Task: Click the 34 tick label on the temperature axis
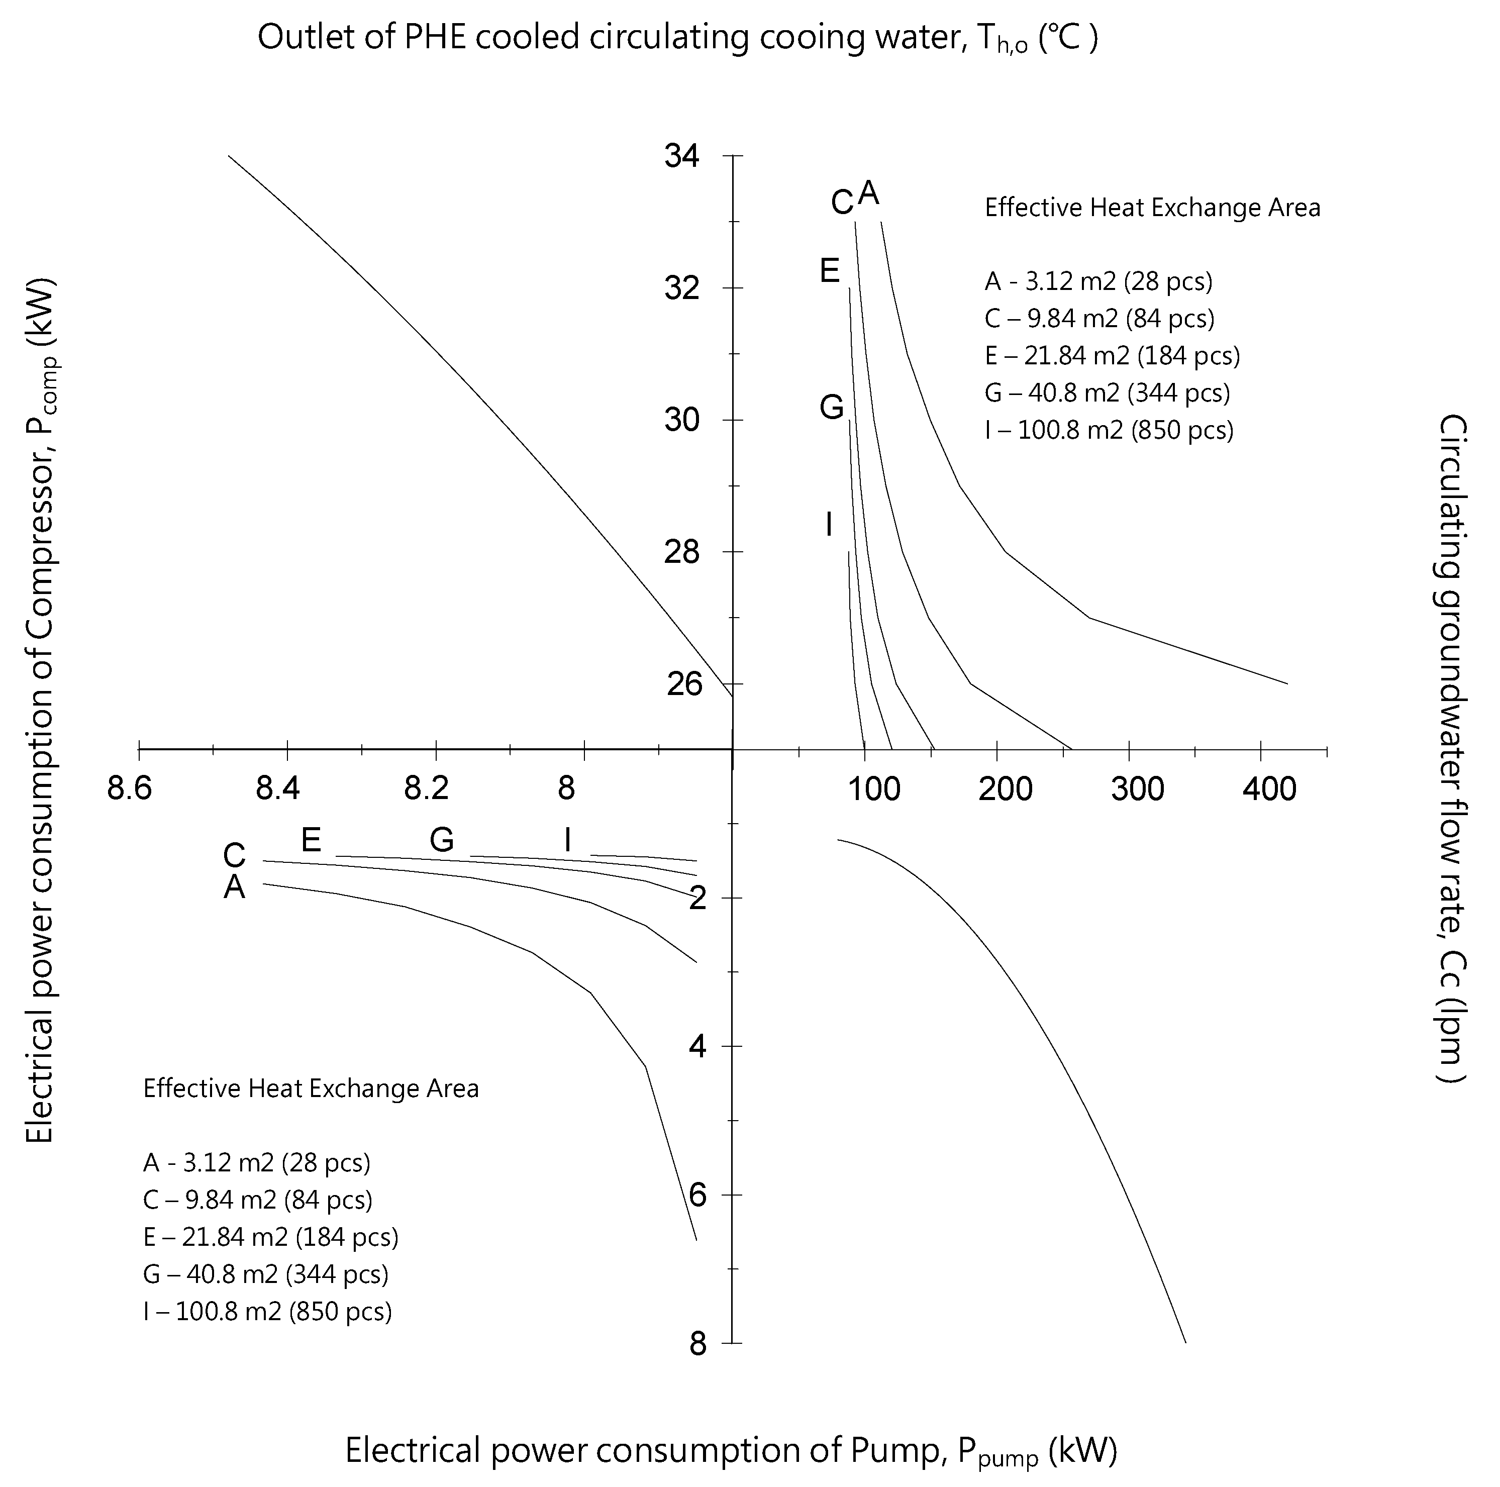tap(682, 157)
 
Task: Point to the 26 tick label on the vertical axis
tap(684, 684)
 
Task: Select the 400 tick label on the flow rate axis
tap(1269, 789)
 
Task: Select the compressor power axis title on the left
tap(40, 711)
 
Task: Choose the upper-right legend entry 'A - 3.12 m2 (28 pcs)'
tap(1098, 281)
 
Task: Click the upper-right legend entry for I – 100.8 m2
tap(1109, 430)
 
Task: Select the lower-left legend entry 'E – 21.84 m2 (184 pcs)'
tap(270, 1237)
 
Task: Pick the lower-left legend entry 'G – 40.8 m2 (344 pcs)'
tap(265, 1274)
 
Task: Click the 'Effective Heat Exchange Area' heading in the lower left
tap(311, 1088)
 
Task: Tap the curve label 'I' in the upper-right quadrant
tap(829, 525)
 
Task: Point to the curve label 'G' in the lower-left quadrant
tap(442, 839)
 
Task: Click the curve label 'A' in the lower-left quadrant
tap(235, 887)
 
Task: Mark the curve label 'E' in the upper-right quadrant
tap(830, 271)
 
